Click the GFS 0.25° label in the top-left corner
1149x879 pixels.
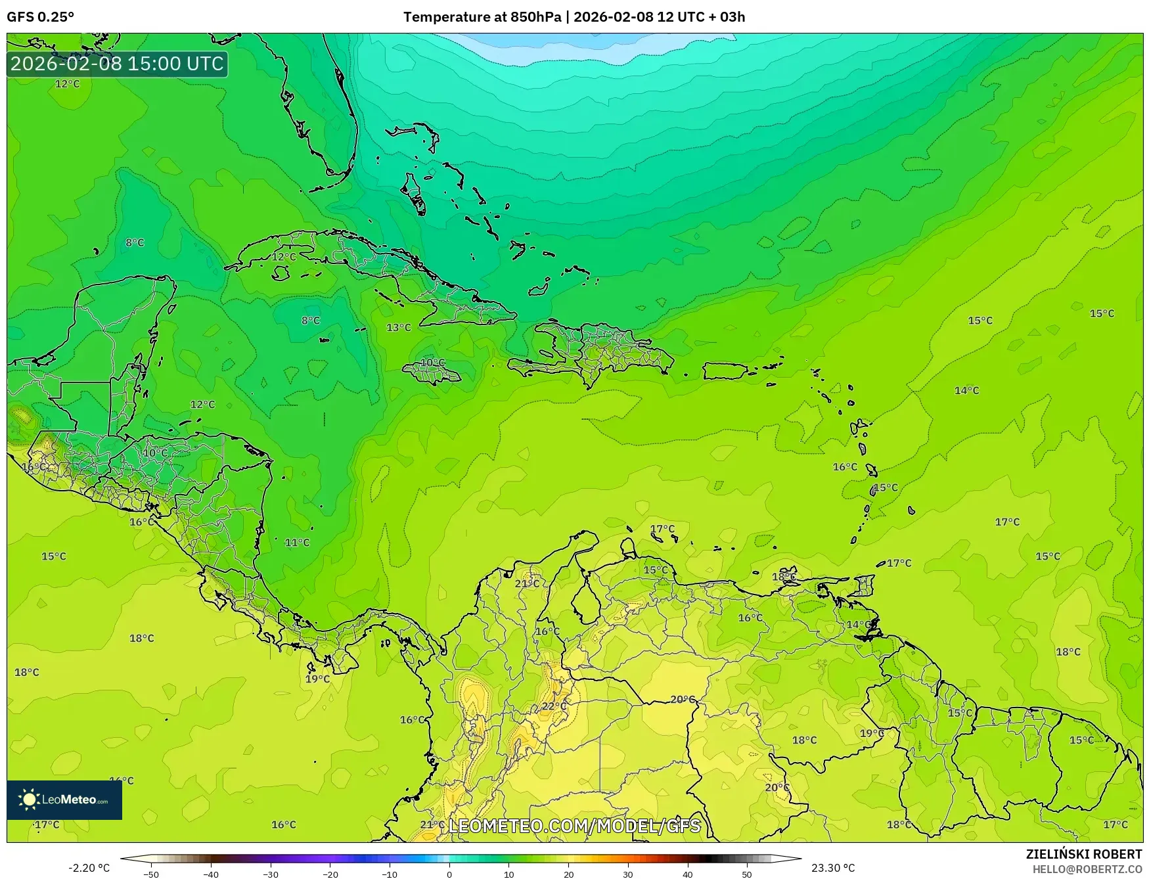pos(41,17)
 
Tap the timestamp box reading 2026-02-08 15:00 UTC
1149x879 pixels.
pos(117,64)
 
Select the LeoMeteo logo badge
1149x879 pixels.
pos(64,800)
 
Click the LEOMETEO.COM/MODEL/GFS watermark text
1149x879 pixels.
pos(574,826)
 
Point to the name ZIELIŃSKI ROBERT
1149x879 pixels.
pos(1084,854)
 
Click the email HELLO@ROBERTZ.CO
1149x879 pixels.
pos(1087,869)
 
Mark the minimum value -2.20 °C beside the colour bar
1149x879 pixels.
pos(89,868)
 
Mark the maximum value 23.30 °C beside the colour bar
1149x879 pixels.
pos(833,868)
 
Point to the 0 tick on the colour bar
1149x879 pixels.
pos(449,874)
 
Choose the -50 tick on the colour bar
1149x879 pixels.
pos(151,874)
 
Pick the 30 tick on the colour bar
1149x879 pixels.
pos(628,874)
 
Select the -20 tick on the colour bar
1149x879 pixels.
pos(330,874)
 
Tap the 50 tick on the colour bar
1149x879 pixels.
pos(747,874)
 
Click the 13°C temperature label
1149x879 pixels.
pos(398,327)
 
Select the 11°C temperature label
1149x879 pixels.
pos(297,543)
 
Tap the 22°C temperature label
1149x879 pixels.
pos(554,706)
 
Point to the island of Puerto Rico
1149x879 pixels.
pos(725,371)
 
